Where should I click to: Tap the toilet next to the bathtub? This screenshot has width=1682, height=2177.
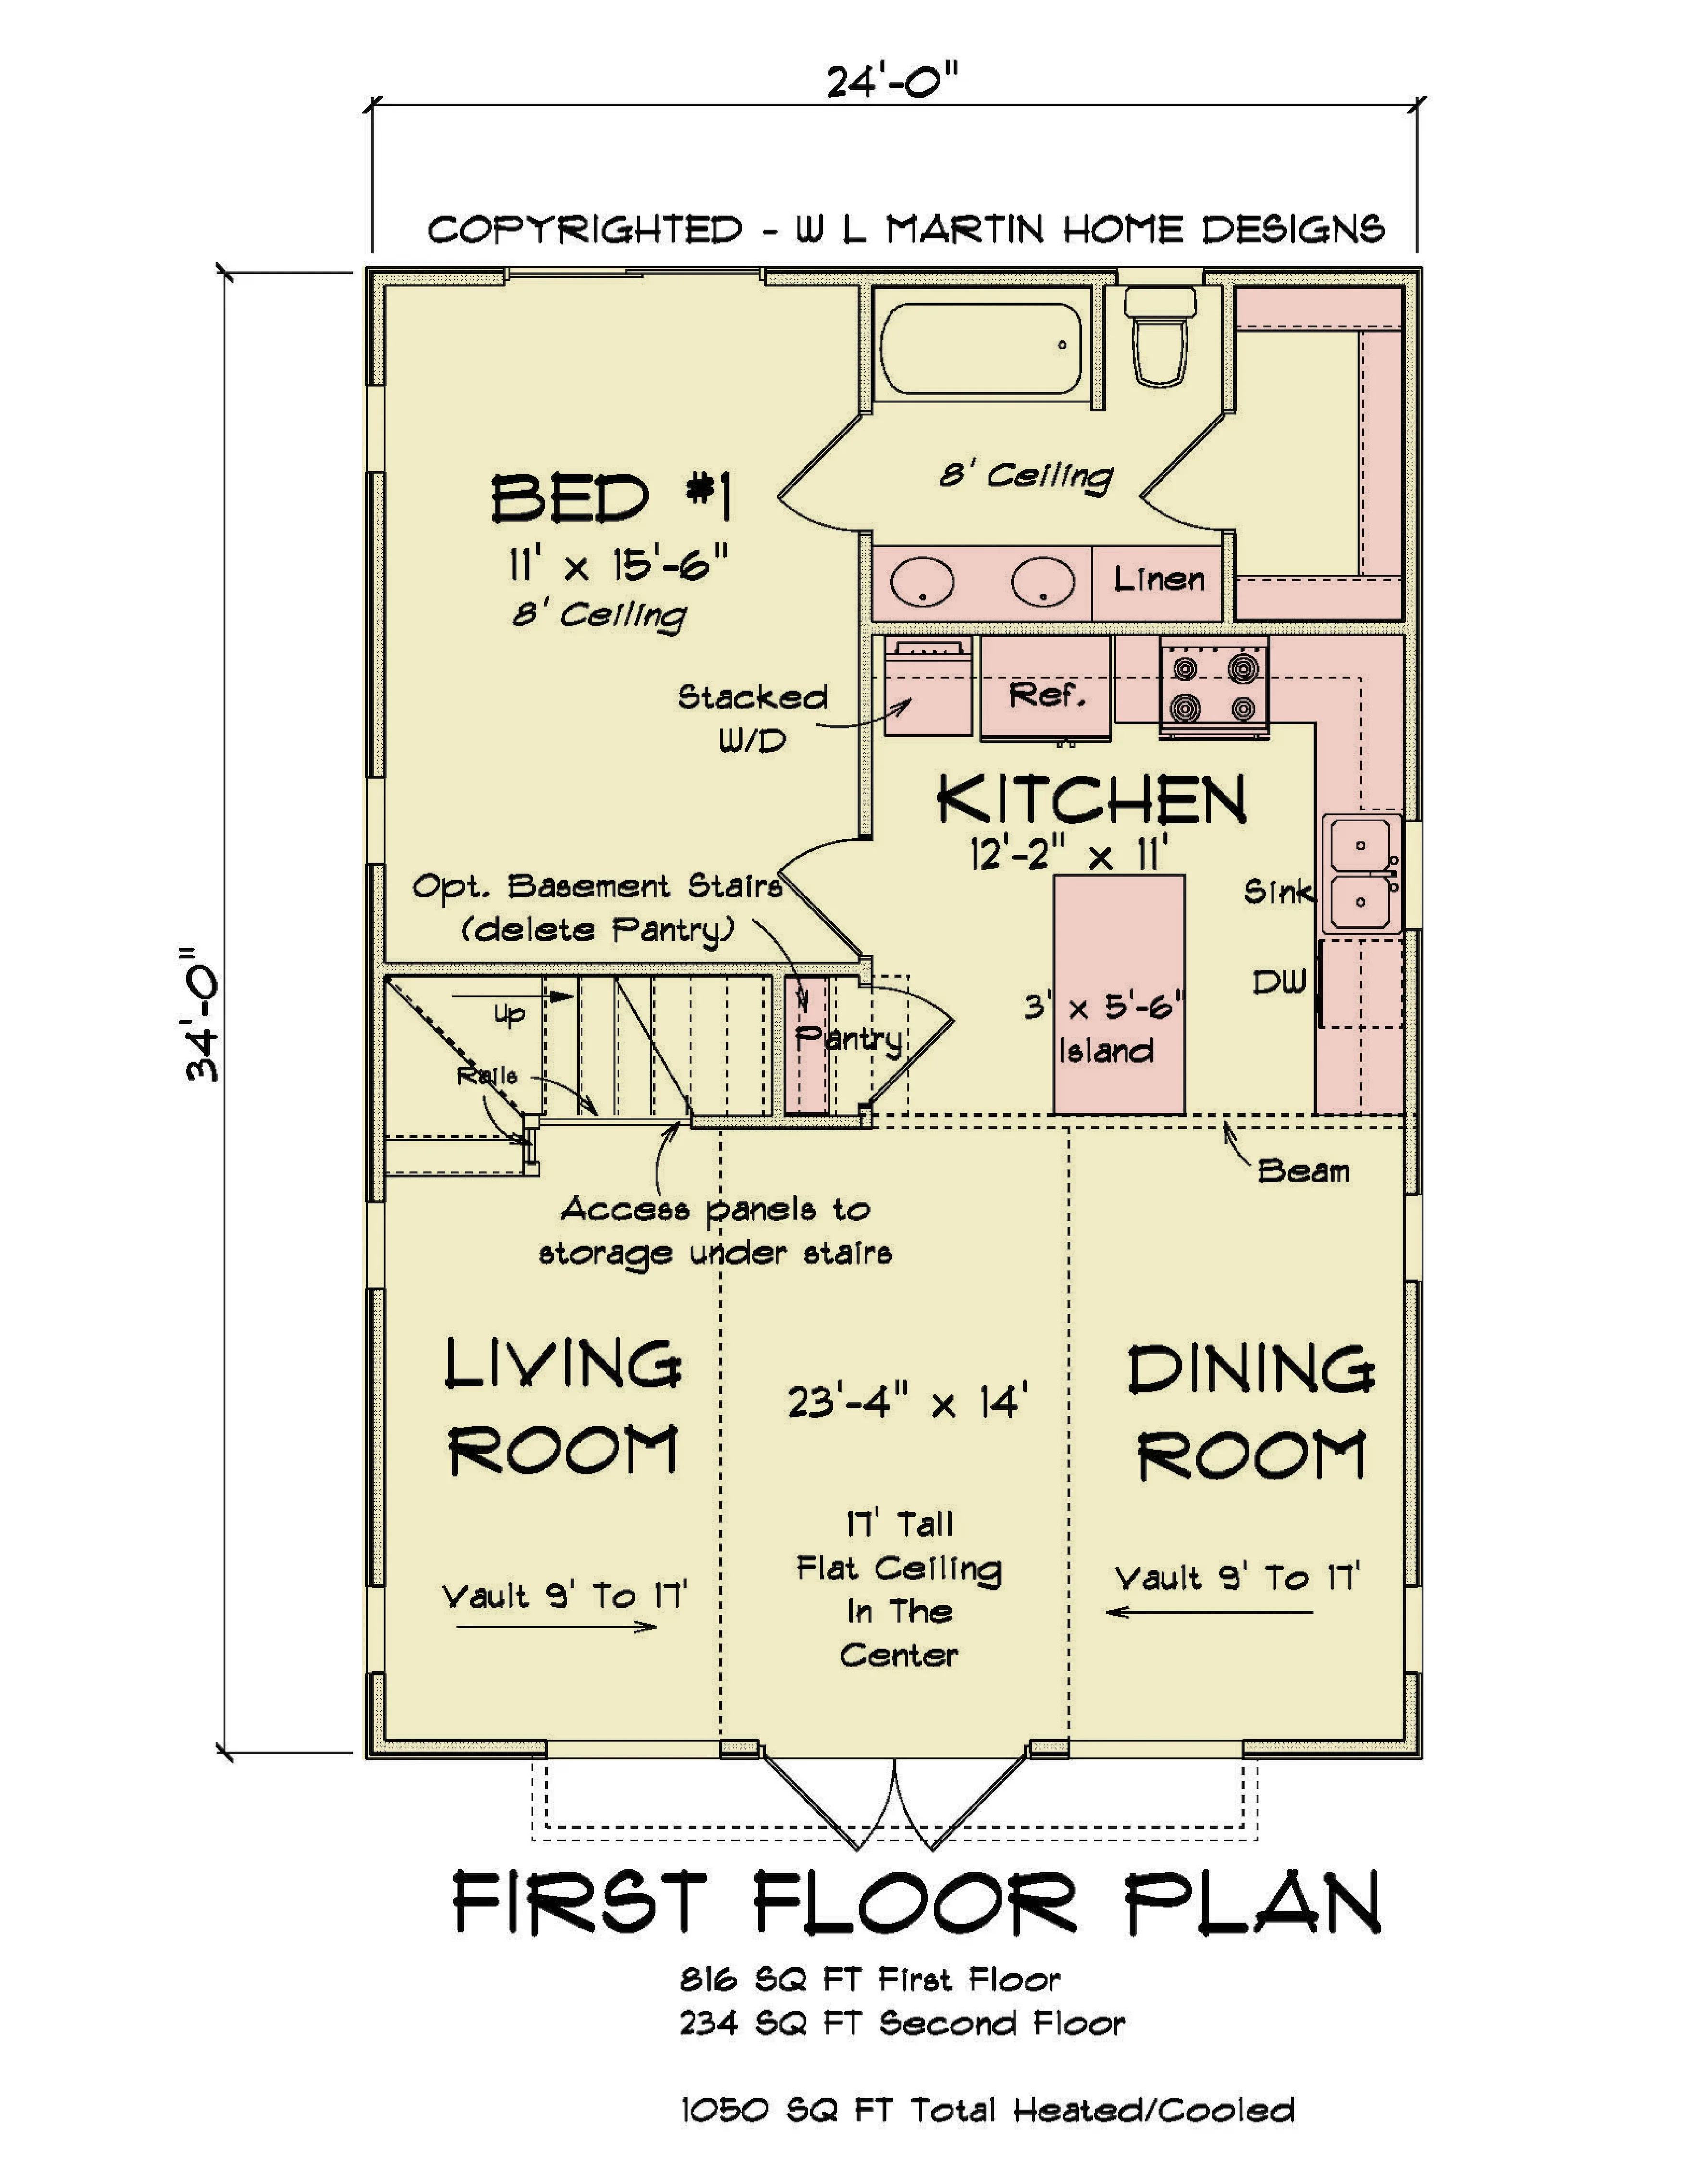(1160, 336)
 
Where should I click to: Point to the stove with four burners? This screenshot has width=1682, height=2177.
(1213, 688)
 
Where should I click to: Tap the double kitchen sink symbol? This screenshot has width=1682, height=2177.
(1362, 873)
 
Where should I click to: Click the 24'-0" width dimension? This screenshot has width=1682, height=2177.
(893, 81)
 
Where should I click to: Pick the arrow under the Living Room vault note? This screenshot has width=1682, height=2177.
(556, 1627)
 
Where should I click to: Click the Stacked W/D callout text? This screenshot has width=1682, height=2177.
(752, 718)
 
